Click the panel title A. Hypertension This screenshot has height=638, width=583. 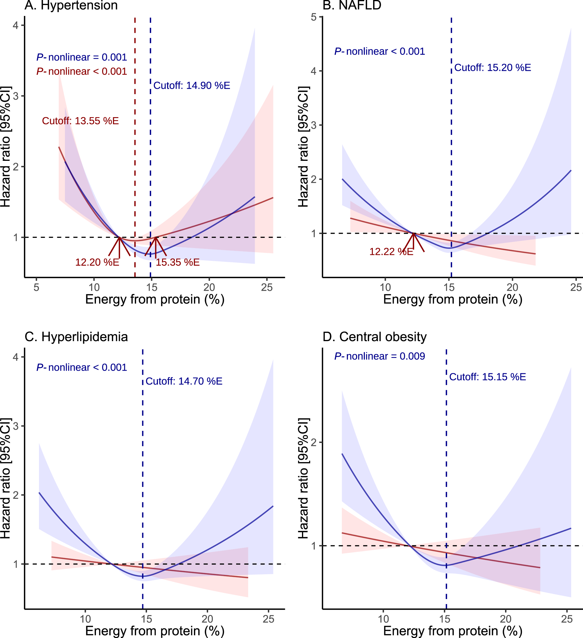click(x=71, y=5)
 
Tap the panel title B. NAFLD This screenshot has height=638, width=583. click(x=352, y=5)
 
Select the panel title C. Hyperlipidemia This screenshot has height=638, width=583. click(x=76, y=337)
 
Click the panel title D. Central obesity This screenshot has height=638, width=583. click(x=374, y=337)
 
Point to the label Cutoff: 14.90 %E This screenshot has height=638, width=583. click(x=192, y=86)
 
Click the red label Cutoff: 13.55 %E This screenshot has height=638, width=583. click(x=80, y=121)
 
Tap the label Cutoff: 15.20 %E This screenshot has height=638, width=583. click(x=492, y=68)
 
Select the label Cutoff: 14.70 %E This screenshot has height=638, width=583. click(x=184, y=381)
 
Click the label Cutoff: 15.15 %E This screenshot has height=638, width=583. click(x=487, y=377)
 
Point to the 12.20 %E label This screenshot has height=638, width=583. click(x=97, y=262)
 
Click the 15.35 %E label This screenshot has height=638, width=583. click(x=178, y=262)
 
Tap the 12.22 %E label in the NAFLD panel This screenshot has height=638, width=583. click(x=391, y=252)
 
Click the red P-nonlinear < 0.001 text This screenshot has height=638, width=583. click(x=82, y=71)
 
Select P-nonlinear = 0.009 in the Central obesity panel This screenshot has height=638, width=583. click(x=380, y=356)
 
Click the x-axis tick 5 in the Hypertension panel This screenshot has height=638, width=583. click(x=36, y=287)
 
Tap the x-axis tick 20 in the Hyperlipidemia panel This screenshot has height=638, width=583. click(x=207, y=619)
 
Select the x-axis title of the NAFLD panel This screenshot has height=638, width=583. click(x=453, y=300)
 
